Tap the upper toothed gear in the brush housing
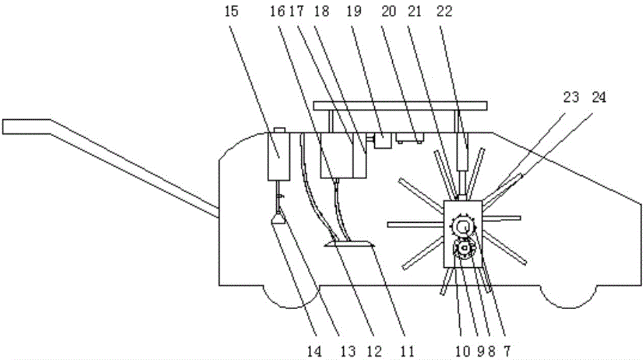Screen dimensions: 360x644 (463, 227)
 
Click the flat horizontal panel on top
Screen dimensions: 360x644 (399, 105)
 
